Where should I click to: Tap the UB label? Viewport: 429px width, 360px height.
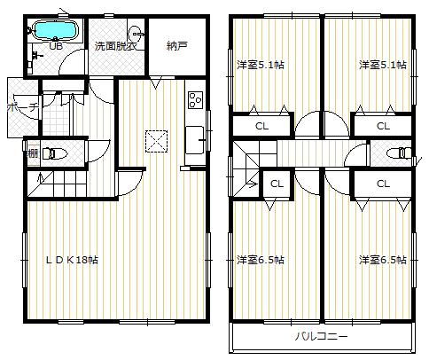click(55, 44)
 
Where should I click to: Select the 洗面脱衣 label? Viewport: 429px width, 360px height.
click(115, 45)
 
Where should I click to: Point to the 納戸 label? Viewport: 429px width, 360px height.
click(177, 45)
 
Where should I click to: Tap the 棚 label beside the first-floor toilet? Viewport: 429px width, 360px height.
click(32, 153)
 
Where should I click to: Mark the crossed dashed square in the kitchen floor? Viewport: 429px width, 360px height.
click(157, 139)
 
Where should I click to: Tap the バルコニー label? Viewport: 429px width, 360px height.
click(322, 338)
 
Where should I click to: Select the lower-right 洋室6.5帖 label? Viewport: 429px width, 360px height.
click(382, 260)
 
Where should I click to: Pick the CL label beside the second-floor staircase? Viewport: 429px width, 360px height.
click(276, 184)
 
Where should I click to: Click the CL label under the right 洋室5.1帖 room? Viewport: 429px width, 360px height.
click(383, 126)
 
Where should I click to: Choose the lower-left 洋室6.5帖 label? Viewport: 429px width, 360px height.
click(260, 260)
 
